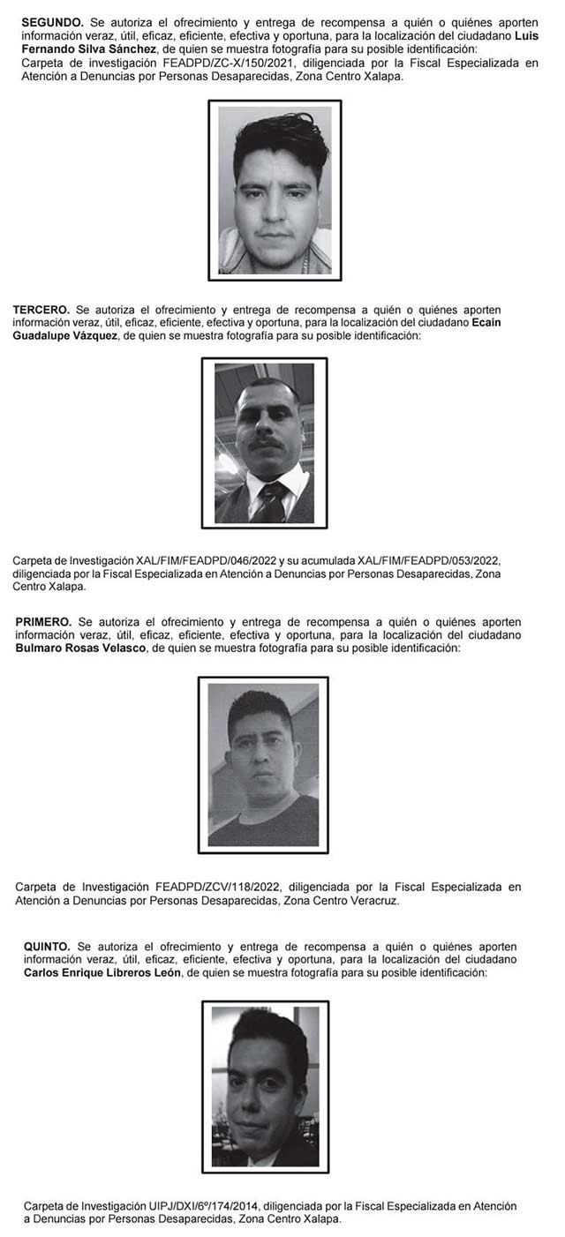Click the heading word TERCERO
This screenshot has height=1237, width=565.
pos(41,311)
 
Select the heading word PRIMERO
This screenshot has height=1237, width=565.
pos(43,623)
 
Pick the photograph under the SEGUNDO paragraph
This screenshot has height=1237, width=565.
pos(275,191)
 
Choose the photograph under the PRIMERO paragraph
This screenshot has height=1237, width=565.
pos(263,765)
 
